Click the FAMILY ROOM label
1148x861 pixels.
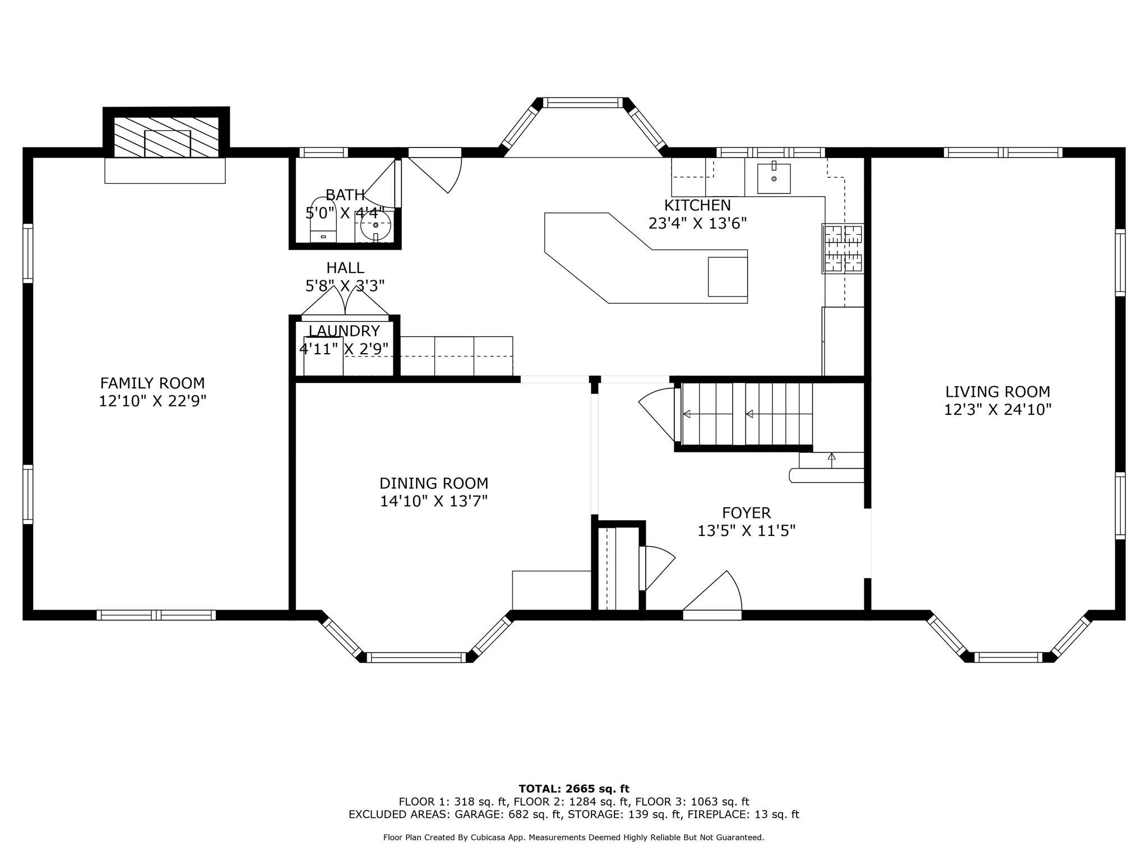pyautogui.click(x=152, y=383)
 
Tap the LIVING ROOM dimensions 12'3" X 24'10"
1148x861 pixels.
pyautogui.click(x=998, y=410)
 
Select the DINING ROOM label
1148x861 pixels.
pyautogui.click(x=434, y=483)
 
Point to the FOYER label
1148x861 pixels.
pyautogui.click(x=746, y=513)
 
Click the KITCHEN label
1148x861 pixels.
pyautogui.click(x=697, y=206)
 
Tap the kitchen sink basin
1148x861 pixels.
pyautogui.click(x=774, y=178)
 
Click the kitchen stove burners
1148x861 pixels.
pyautogui.click(x=843, y=249)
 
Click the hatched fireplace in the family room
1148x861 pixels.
pyautogui.click(x=166, y=137)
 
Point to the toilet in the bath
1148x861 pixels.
pyautogui.click(x=323, y=220)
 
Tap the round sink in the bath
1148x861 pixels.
pyautogui.click(x=375, y=225)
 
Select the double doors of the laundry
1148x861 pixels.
pyautogui.click(x=345, y=302)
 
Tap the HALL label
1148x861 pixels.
pyautogui.click(x=345, y=268)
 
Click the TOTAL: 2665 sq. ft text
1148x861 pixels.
pyautogui.click(x=574, y=789)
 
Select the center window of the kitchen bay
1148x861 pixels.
pyautogui.click(x=583, y=103)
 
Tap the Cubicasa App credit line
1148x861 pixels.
pyautogui.click(x=573, y=837)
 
